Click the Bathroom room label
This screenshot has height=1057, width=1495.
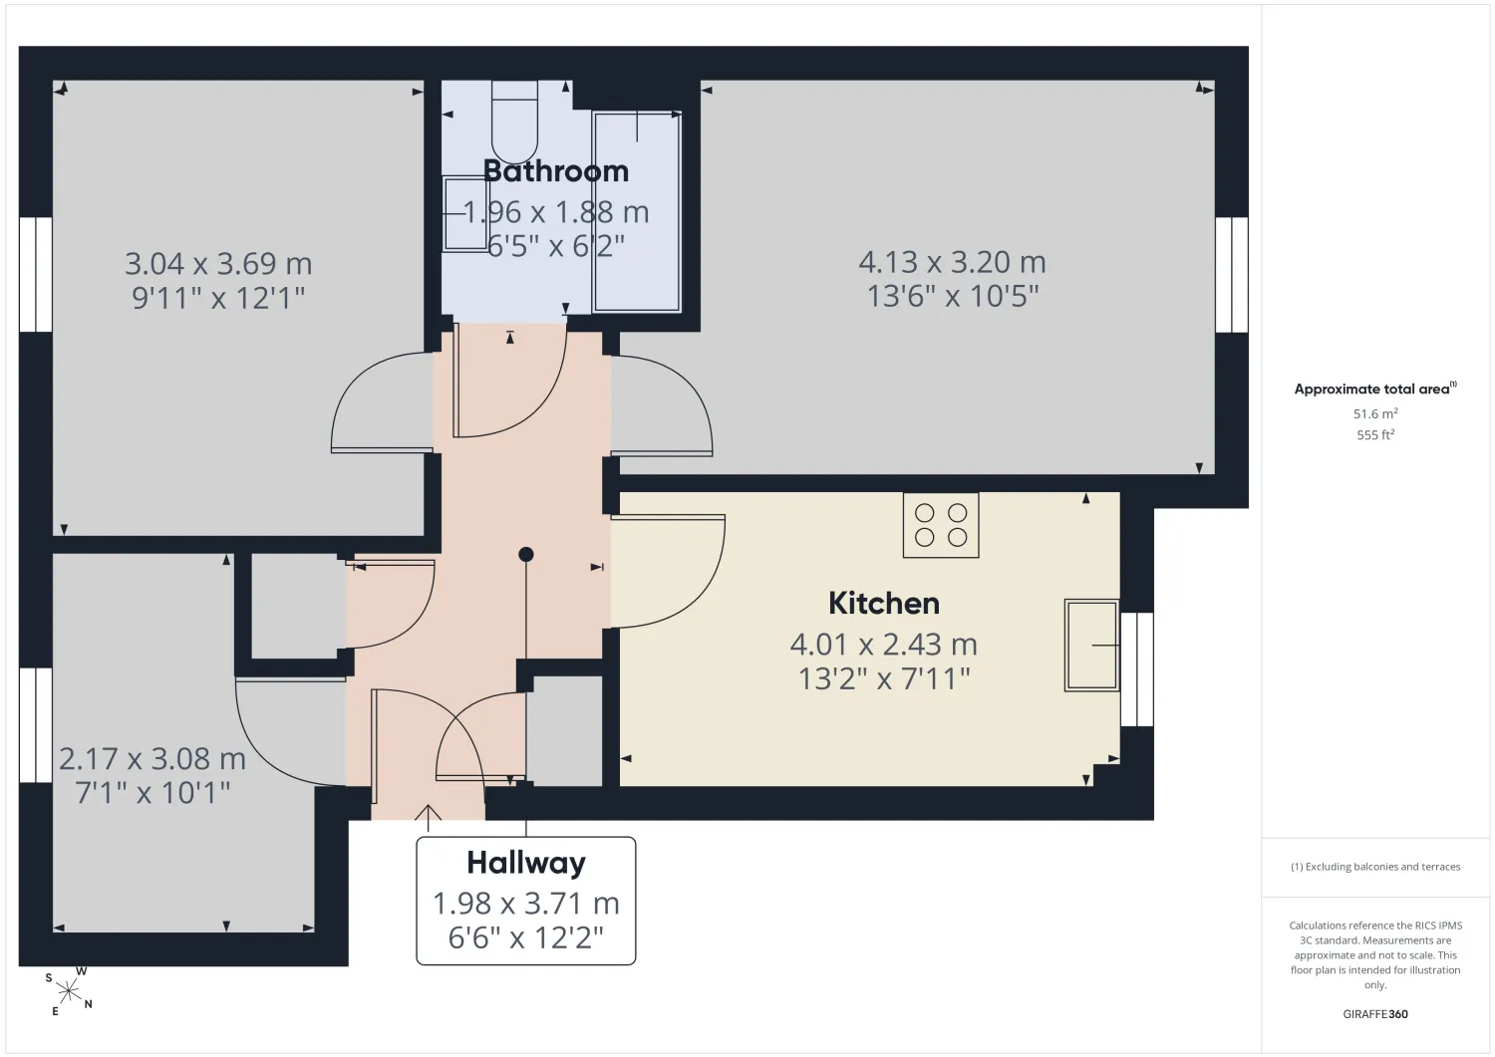(556, 171)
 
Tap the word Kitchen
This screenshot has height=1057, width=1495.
(884, 604)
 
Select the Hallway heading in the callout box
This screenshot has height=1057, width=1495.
(526, 863)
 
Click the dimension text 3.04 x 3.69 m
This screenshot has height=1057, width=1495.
(218, 264)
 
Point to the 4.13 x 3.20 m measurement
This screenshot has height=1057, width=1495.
(953, 262)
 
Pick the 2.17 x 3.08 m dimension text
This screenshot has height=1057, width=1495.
(152, 759)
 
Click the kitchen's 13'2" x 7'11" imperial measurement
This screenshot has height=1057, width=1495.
(884, 679)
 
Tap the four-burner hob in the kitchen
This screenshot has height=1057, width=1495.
(941, 525)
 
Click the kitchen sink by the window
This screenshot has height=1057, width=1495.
(1092, 645)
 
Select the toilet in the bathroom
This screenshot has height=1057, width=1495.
(514, 123)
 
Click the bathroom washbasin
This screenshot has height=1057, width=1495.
(465, 213)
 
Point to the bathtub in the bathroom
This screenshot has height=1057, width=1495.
(638, 211)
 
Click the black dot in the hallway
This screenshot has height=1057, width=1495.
(526, 554)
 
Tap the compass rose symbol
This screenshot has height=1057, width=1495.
(68, 991)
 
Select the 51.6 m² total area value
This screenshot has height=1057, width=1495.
(1375, 413)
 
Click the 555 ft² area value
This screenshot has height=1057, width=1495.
(1375, 435)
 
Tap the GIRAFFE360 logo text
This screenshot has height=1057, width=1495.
(1375, 1014)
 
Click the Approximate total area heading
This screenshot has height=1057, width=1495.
(1374, 390)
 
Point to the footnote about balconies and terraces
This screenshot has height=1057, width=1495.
(1375, 867)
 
